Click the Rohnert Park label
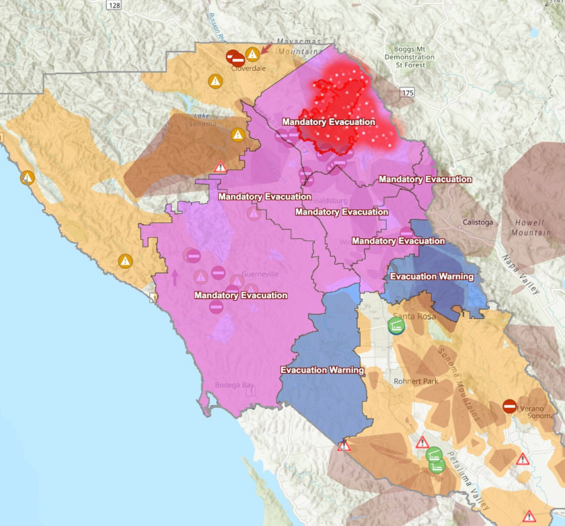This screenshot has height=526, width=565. (416, 382)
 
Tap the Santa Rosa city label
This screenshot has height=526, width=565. (414, 316)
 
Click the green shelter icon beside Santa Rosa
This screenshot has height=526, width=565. (396, 326)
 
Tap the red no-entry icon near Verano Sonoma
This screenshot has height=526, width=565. (509, 406)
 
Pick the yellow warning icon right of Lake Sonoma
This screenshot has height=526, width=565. (237, 134)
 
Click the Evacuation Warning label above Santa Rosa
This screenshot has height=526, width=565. (432, 277)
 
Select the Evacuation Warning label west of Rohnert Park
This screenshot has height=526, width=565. (322, 370)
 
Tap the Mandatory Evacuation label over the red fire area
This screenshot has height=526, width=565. (328, 122)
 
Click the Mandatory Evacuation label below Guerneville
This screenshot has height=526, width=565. (240, 296)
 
